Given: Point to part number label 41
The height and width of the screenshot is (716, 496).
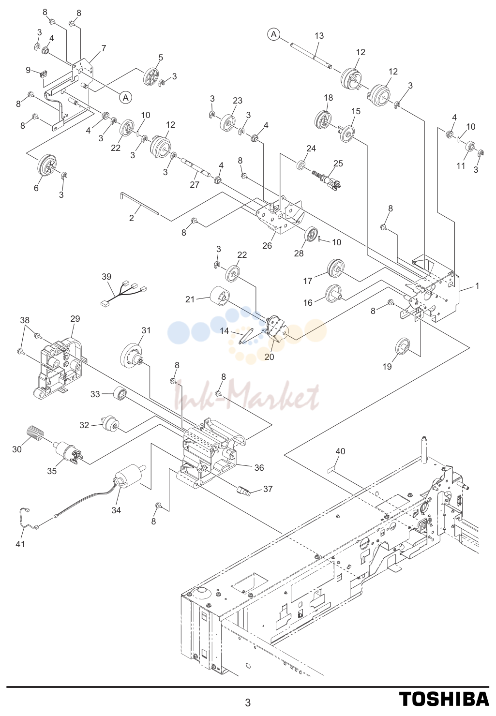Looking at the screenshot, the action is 20,543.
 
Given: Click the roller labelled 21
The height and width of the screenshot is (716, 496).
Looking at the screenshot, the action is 219,297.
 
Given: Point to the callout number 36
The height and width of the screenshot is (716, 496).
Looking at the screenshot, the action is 259,468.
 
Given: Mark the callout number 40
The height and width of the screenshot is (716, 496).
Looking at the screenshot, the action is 340,451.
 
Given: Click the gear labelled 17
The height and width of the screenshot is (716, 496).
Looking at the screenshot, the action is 336,268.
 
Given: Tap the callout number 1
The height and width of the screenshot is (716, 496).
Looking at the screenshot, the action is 477,286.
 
